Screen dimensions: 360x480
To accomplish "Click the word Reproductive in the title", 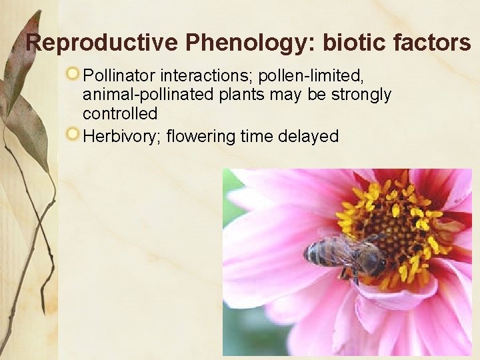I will click(102, 43).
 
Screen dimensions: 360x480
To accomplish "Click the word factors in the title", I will click(430, 43).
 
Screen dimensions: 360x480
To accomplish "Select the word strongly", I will click(363, 94).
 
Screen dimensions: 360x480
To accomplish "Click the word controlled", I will click(120, 114).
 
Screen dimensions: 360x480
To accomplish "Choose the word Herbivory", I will click(121, 137).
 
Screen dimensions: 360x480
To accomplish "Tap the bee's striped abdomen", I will click(318, 253).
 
